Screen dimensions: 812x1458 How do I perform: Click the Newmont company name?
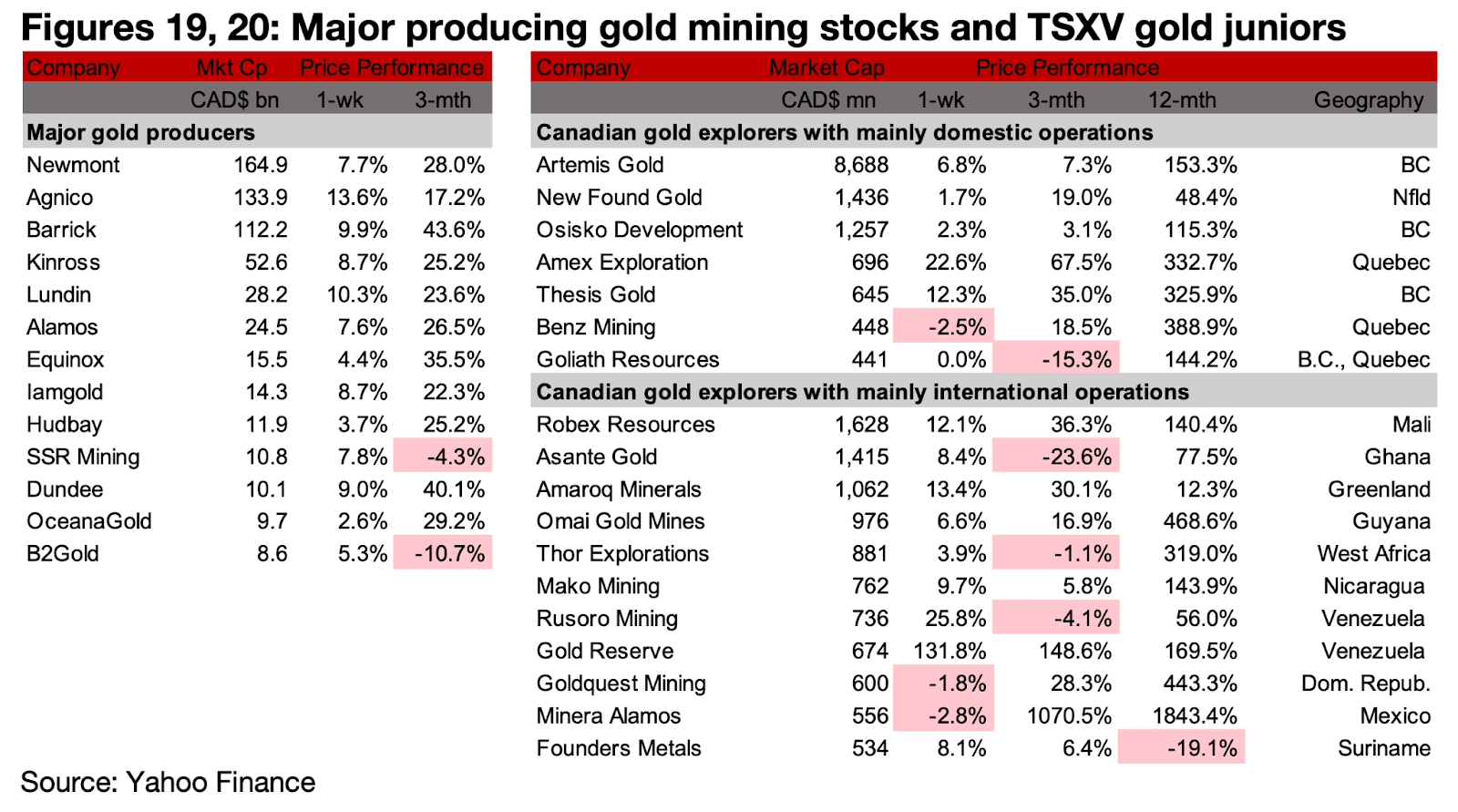pyautogui.click(x=73, y=165)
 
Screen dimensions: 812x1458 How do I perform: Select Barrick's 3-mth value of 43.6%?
pyautogui.click(x=453, y=230)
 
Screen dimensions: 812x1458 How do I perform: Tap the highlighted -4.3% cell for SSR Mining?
pyautogui.click(x=443, y=457)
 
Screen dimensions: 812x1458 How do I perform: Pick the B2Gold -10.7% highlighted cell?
pyautogui.click(x=443, y=554)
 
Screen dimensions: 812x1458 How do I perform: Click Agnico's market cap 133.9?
pyautogui.click(x=261, y=198)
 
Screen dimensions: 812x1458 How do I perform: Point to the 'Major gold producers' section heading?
pyautogui.click(x=140, y=133)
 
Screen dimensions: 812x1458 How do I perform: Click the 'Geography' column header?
pyautogui.click(x=1368, y=100)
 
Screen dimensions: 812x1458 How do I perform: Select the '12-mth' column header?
pyautogui.click(x=1181, y=100)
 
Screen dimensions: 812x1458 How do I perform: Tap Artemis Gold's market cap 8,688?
pyautogui.click(x=861, y=165)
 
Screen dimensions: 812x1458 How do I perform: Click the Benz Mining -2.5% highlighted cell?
pyautogui.click(x=944, y=327)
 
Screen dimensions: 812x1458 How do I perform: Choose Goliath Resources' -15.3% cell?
pyautogui.click(x=1057, y=360)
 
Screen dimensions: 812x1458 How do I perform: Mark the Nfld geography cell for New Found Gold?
pyautogui.click(x=1411, y=198)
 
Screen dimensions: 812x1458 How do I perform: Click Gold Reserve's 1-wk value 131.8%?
pyautogui.click(x=950, y=652)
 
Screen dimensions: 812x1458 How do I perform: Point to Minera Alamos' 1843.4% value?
pyautogui.click(x=1194, y=716)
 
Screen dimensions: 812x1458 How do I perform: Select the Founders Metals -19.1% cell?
pyautogui.click(x=1181, y=749)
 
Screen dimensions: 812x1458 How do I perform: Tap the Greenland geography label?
pyautogui.click(x=1379, y=489)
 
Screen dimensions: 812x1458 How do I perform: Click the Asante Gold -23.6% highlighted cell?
pyautogui.click(x=1057, y=457)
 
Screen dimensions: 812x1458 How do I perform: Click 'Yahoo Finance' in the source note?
pyautogui.click(x=221, y=782)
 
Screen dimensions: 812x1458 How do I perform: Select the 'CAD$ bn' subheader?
pyautogui.click(x=234, y=100)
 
